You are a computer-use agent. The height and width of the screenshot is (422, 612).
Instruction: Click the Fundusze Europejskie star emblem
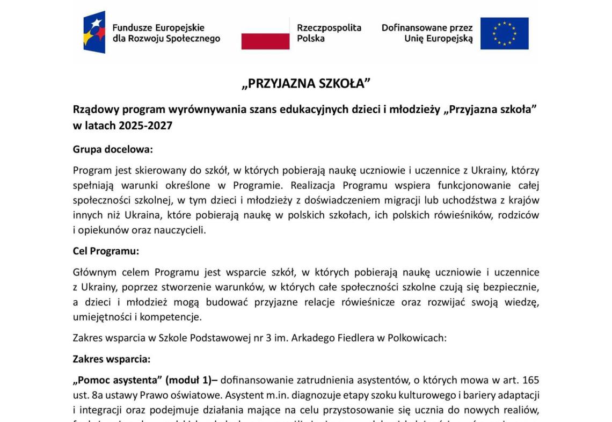[x=94, y=32]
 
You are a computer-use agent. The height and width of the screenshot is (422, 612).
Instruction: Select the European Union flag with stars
[x=504, y=33]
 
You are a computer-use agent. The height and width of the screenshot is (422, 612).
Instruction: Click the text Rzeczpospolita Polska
[x=329, y=33]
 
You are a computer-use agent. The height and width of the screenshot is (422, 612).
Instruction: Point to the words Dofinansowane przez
[x=427, y=27]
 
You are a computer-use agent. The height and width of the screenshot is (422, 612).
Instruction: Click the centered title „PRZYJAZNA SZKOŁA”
[x=306, y=84]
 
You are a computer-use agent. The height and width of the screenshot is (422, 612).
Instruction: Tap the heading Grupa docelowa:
[x=113, y=149]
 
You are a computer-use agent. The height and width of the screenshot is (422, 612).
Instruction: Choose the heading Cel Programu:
[x=106, y=251]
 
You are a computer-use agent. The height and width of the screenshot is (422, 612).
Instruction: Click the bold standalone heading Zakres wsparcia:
[x=111, y=359]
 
